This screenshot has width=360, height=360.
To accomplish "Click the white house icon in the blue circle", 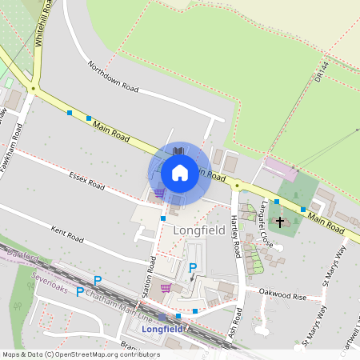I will click(180, 172).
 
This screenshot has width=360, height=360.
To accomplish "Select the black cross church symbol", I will click(280, 219).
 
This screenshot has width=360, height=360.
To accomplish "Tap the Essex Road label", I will click(87, 180).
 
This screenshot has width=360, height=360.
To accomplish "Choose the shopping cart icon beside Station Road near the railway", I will click(166, 287).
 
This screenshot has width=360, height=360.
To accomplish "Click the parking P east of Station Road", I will click(193, 268).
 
